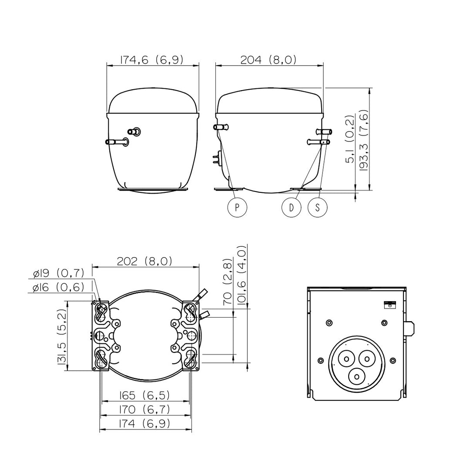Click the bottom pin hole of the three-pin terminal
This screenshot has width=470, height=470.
[x=357, y=377]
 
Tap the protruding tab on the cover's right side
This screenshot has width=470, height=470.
[x=410, y=329]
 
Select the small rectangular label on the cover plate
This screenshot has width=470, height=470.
[x=389, y=305]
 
